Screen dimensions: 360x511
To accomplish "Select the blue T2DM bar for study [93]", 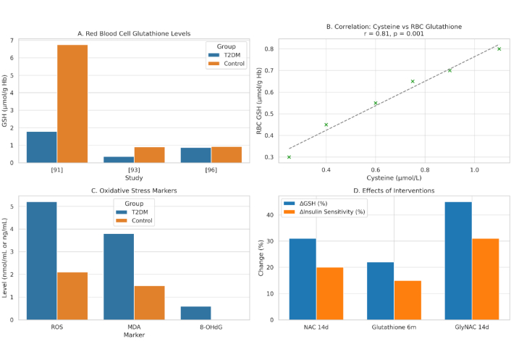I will coord(119,159).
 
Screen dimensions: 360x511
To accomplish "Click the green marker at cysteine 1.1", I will coord(499,49).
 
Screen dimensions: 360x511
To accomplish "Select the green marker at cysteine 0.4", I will coord(326,125).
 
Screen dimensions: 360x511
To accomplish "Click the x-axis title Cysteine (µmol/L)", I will coord(393,178).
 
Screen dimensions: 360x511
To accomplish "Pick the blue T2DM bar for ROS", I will coord(42,261).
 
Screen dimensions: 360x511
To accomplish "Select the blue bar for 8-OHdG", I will coord(196,313).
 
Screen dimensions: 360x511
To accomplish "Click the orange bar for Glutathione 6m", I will coord(407,300).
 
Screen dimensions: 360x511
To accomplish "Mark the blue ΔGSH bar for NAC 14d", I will coord(303,279).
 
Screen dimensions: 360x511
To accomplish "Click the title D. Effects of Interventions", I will coord(393,191).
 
